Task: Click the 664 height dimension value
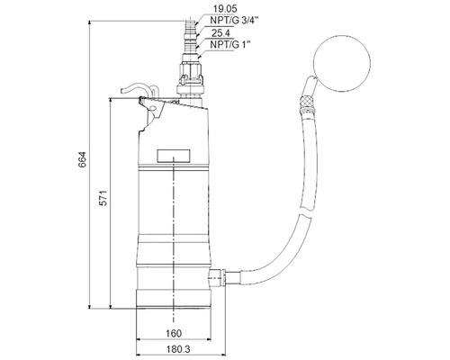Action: point(82,159)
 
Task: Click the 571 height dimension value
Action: point(103,198)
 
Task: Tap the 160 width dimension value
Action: point(174,333)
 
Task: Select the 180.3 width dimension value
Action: point(178,349)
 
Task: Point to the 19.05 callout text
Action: point(225,8)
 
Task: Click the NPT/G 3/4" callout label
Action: point(234,21)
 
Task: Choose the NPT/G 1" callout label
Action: point(230,45)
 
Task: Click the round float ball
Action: point(342,63)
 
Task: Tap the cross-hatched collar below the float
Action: point(308,103)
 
